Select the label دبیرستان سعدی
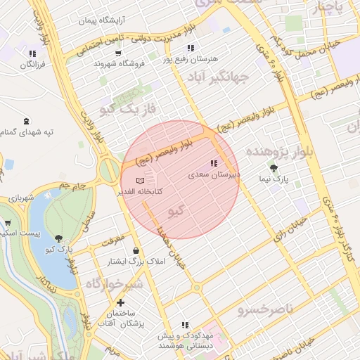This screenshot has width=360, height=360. (x=214, y=174)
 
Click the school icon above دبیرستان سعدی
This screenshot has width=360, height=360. (x=214, y=164)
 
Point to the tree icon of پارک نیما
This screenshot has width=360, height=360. (x=273, y=168)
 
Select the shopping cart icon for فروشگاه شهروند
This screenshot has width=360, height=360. (x=117, y=53)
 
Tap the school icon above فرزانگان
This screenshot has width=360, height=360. (x=32, y=53)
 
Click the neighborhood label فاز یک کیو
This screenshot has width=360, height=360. (x=127, y=108)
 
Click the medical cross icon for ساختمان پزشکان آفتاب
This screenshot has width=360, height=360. (x=120, y=302)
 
